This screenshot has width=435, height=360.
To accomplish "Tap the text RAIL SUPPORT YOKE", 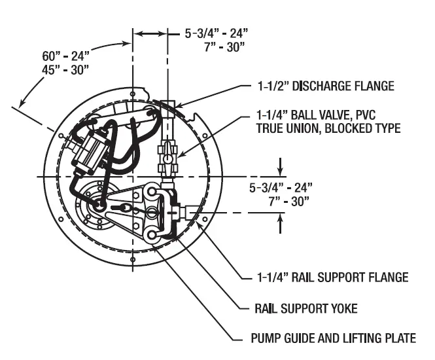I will point(306,308).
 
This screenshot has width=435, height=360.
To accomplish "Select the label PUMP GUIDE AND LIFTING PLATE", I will point(334,338).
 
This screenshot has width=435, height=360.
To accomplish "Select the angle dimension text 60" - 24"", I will point(66,54).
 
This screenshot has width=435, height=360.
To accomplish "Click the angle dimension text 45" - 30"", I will point(66,68).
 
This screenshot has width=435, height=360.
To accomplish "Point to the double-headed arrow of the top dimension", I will point(150,32).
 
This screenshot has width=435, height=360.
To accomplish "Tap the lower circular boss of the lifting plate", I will point(152,235).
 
